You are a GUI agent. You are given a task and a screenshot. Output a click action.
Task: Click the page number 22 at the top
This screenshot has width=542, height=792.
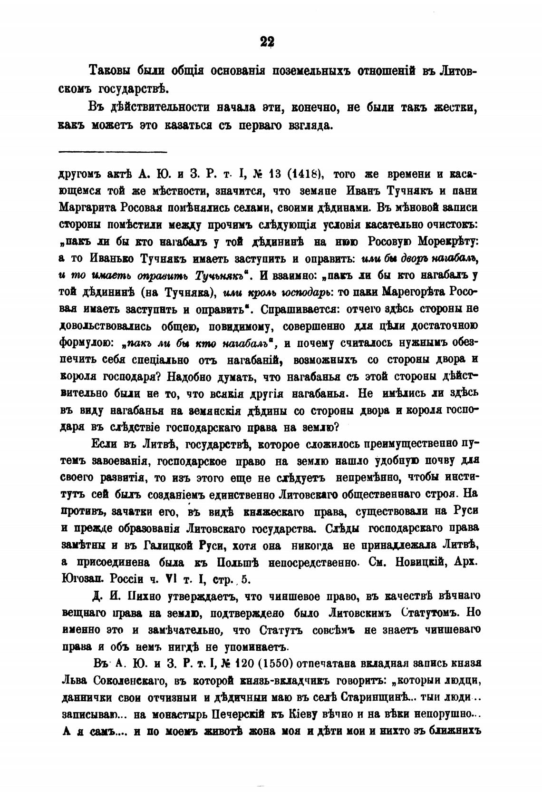click(x=268, y=42)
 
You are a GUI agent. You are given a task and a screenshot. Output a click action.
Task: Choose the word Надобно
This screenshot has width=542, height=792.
click(x=189, y=376)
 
